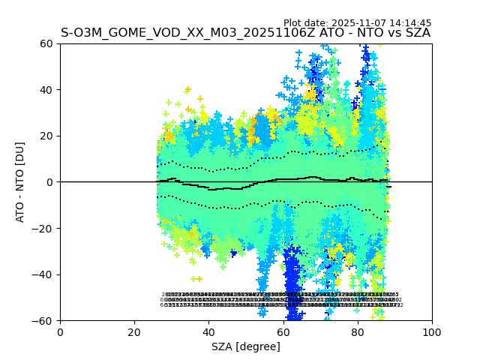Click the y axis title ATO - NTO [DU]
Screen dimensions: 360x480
click(x=20, y=182)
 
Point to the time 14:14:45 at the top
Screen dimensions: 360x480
click(x=410, y=23)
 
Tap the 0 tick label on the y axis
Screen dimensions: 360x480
click(x=50, y=182)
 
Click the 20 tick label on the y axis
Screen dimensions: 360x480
click(x=47, y=136)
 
